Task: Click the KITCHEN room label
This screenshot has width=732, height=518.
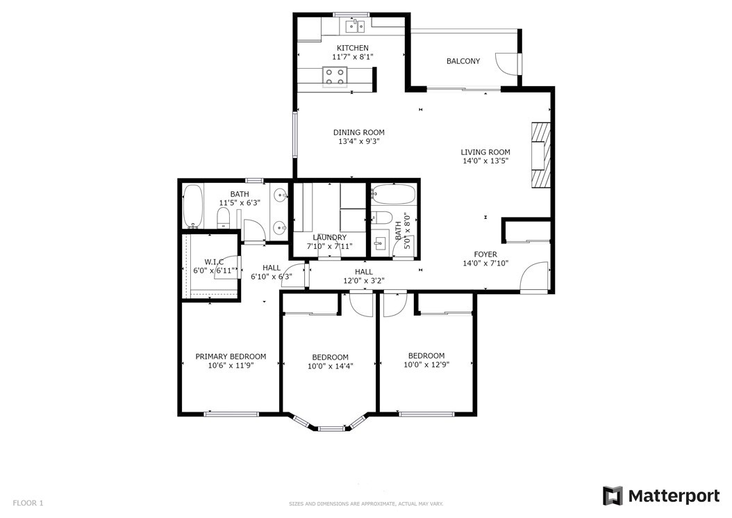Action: click(x=353, y=48)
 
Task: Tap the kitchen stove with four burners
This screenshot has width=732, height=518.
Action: click(x=335, y=77)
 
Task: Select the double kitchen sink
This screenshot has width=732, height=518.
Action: click(x=356, y=26)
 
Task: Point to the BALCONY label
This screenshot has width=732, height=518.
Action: click(x=463, y=61)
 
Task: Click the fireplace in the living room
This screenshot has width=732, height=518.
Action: click(x=540, y=155)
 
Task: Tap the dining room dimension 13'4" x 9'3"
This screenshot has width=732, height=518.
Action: click(x=359, y=141)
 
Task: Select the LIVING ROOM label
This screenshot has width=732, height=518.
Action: click(x=485, y=152)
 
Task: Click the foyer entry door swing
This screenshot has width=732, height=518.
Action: click(x=533, y=277)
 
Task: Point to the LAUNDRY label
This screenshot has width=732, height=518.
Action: click(x=330, y=238)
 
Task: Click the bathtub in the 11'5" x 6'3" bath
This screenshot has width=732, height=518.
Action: click(x=193, y=207)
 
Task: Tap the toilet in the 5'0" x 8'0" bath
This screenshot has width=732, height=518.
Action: click(x=381, y=218)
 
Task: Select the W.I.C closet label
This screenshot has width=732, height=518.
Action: click(x=214, y=262)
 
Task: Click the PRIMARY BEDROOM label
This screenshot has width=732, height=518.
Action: click(x=231, y=357)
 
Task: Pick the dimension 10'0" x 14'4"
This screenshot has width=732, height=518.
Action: click(x=330, y=366)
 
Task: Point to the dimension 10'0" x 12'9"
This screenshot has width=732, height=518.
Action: click(x=426, y=364)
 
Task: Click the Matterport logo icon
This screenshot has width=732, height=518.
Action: click(x=613, y=496)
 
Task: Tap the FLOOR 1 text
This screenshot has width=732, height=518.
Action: click(x=28, y=503)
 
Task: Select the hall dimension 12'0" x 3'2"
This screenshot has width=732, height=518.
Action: click(x=364, y=281)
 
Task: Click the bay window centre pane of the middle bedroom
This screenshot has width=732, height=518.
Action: click(x=331, y=428)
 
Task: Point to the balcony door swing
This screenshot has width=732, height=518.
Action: click(x=505, y=63)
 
